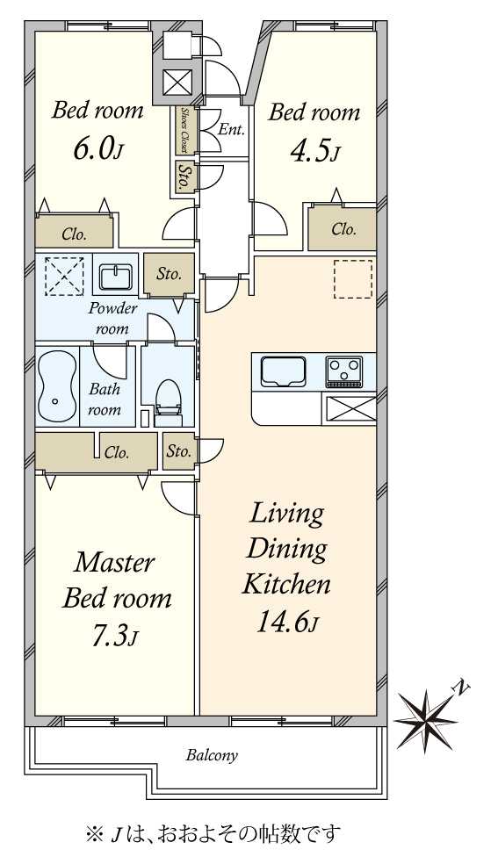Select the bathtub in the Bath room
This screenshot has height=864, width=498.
point(56,385)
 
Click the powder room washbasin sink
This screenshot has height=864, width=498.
point(116,275)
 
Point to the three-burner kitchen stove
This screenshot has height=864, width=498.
point(344,368)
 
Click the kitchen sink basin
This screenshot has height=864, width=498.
point(283,371)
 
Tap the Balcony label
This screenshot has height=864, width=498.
point(212,755)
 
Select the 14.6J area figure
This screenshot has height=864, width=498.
point(287,621)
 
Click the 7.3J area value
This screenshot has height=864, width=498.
point(114,637)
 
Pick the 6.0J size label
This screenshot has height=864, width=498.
point(97,148)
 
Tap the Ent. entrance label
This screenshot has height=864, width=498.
point(231,130)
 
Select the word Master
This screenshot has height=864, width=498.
point(114,563)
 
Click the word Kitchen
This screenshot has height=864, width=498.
point(287,584)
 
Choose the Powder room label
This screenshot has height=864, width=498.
point(112,318)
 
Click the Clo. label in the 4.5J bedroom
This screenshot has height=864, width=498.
point(343,228)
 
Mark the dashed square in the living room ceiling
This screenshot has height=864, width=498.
point(353,279)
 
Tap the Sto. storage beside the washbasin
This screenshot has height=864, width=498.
point(169,274)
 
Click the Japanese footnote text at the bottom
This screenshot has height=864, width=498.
point(213,833)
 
